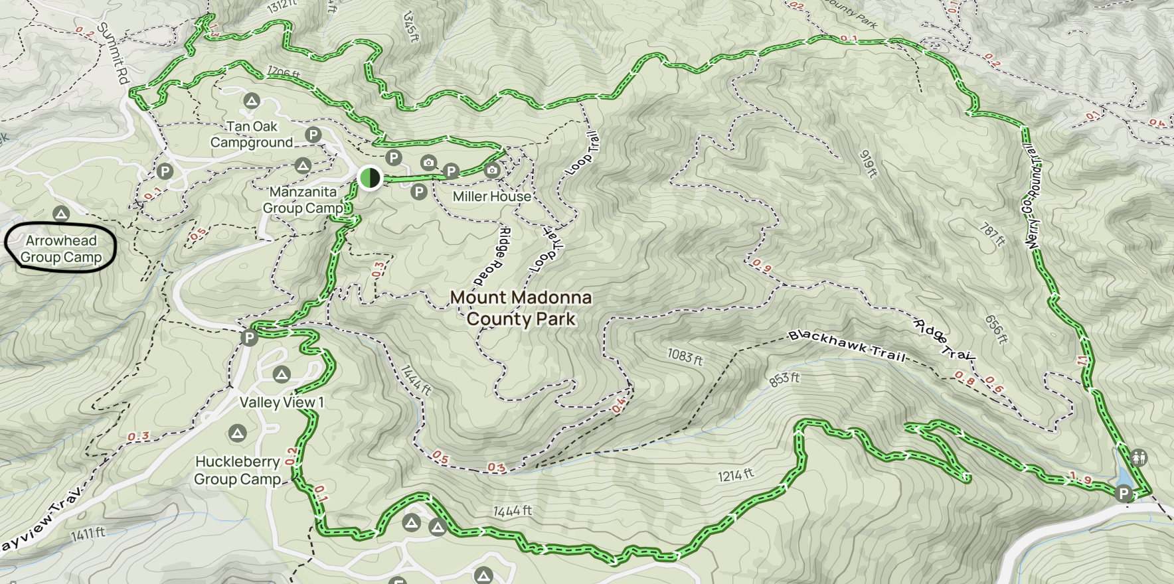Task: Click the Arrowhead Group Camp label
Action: coord(60,249)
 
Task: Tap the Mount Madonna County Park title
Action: coord(521,308)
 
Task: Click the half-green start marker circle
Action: coord(369,178)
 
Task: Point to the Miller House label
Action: coord(491,196)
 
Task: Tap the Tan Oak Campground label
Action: coord(252,135)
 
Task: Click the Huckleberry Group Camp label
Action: coord(237,470)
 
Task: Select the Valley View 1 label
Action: coord(282,402)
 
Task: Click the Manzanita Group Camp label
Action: coord(303,200)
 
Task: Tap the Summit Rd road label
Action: coord(113,53)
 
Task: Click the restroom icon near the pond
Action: coord(1139,458)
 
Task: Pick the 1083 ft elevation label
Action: coord(685,357)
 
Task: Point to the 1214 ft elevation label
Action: coord(736,475)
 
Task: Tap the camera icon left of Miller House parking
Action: coord(428,163)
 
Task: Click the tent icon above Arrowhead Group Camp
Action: coord(61,214)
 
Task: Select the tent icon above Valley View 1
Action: coord(282,375)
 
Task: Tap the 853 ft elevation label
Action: coord(784,379)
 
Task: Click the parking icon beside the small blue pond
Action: coord(1124,493)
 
